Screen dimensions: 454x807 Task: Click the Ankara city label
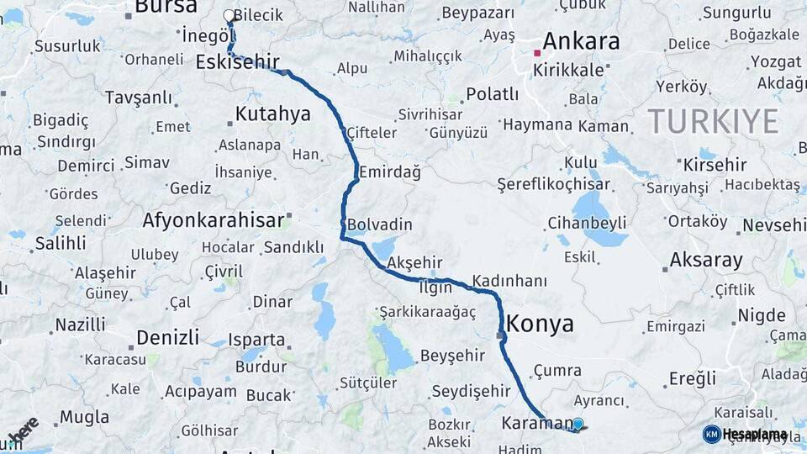pyautogui.click(x=581, y=41)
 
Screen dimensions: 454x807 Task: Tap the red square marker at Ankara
pyautogui.click(x=537, y=53)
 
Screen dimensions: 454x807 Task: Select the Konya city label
pyautogui.click(x=540, y=324)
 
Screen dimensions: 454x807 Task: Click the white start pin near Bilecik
pyautogui.click(x=229, y=16)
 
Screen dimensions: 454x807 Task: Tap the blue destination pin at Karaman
pyautogui.click(x=578, y=425)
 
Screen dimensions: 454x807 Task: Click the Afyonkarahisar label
pyautogui.click(x=213, y=220)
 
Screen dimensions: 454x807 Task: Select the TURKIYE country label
pyautogui.click(x=713, y=122)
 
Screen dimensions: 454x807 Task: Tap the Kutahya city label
pyautogui.click(x=272, y=113)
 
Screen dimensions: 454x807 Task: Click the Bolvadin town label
pyautogui.click(x=380, y=224)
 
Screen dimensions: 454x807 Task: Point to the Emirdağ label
pyautogui.click(x=389, y=172)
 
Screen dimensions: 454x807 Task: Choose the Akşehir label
pyautogui.click(x=414, y=263)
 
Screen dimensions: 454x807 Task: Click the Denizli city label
pyautogui.click(x=167, y=337)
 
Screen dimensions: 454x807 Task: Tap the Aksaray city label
pyautogui.click(x=706, y=260)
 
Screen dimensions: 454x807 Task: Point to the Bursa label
pyautogui.click(x=165, y=8)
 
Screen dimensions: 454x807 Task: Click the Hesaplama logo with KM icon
pyautogui.click(x=745, y=434)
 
